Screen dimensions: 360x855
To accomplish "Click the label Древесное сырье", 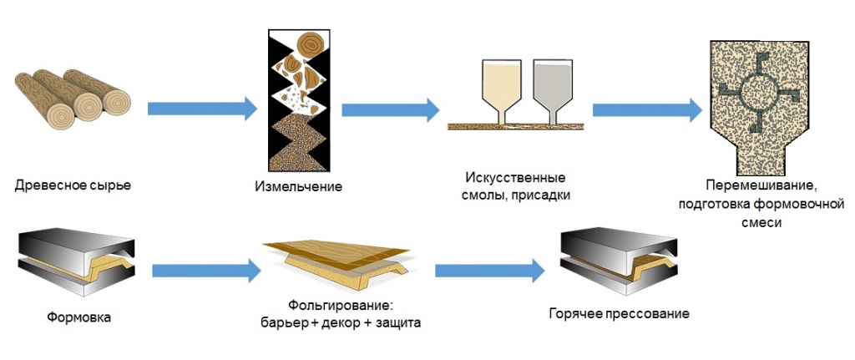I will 73,184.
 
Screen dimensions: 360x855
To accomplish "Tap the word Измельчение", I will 297,184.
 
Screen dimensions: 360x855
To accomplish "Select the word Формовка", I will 79,317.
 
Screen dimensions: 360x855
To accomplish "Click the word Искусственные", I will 517,179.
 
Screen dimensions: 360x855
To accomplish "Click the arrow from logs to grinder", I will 201,108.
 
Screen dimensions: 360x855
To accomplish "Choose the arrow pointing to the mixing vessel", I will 646,109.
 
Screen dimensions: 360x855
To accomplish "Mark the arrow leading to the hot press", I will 489,270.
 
